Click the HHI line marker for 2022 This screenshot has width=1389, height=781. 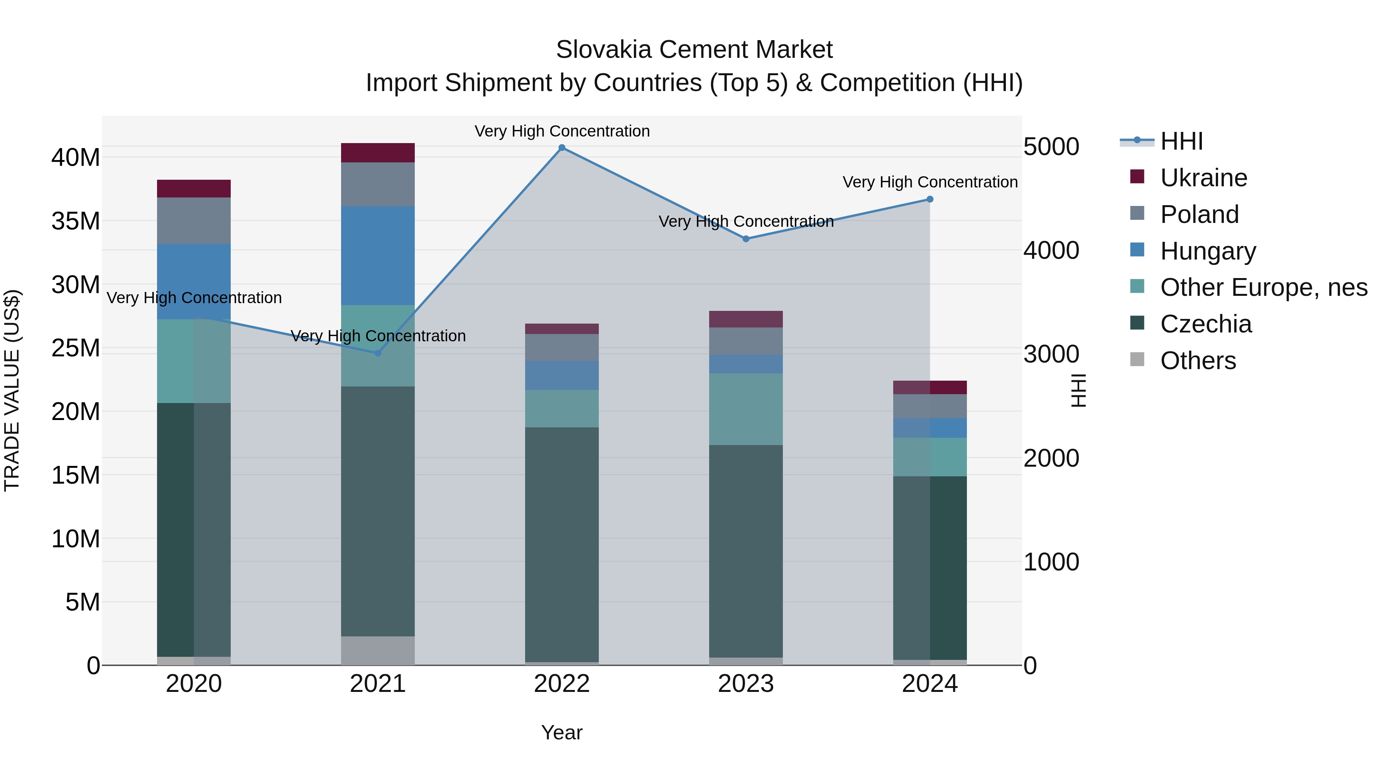[562, 148]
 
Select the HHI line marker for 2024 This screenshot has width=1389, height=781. [929, 199]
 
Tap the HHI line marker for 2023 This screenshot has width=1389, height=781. [746, 239]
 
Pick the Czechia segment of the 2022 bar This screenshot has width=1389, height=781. [562, 544]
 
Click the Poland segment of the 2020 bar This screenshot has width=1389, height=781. [194, 221]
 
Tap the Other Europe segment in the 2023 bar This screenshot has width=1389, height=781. [746, 409]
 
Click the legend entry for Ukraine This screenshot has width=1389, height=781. [1203, 178]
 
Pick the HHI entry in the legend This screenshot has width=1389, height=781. [1181, 141]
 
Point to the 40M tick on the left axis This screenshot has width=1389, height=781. [76, 158]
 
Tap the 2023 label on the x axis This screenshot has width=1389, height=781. [746, 684]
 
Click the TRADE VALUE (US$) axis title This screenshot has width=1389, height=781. [12, 390]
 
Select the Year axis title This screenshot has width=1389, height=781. [562, 732]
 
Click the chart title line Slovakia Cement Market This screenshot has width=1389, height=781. [694, 50]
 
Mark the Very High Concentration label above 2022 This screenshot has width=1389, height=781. [562, 131]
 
